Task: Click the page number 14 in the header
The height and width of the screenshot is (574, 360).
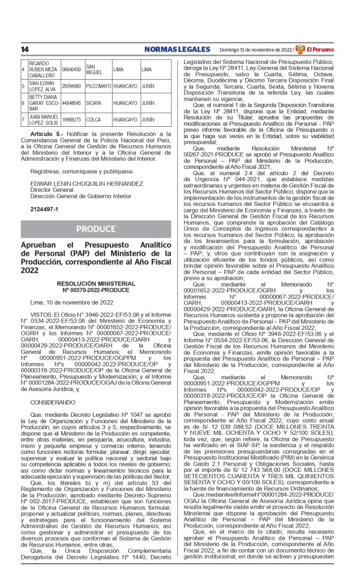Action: [25, 49]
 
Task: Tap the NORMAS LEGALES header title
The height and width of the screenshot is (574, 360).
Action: [177, 49]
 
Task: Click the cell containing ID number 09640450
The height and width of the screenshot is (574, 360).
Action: [72, 69]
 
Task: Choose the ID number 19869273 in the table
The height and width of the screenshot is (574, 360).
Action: [72, 120]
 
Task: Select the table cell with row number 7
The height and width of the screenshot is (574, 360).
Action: [24, 120]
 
